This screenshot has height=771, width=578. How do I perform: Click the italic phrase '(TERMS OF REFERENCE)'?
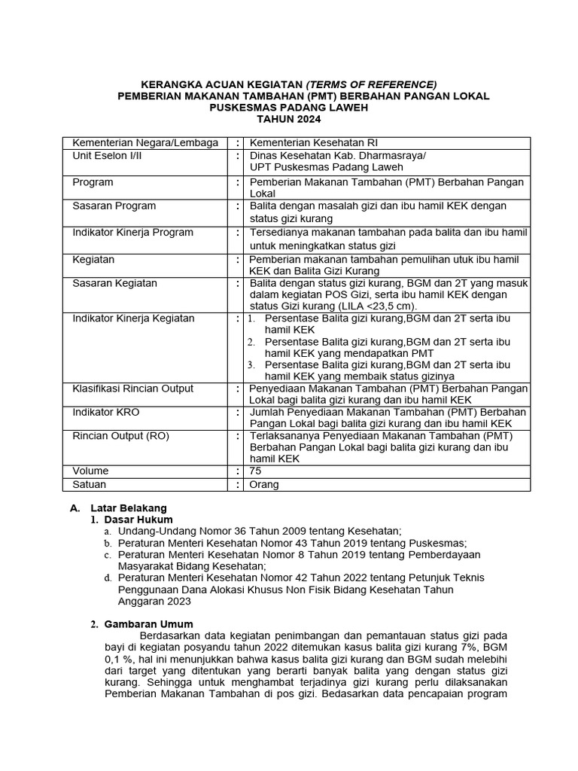pos(370,84)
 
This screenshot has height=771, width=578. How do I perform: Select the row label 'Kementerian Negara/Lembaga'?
pos(145,143)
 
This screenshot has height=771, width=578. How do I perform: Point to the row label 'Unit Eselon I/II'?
pos(107,155)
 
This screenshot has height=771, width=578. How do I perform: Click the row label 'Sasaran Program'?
pos(114,206)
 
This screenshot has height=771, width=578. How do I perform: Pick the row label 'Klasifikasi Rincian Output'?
pos(133,389)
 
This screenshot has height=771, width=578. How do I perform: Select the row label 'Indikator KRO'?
pos(106,413)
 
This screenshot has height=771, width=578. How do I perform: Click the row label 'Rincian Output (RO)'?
pos(120,436)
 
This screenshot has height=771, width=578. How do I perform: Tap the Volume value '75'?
pos(256,471)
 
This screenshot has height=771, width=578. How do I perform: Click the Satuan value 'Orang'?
pos(264,485)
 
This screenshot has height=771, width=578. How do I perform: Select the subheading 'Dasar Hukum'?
pos(138,520)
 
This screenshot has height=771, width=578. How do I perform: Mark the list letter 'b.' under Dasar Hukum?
pos(108,543)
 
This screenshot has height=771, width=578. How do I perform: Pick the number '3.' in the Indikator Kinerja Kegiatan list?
pos(251,365)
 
